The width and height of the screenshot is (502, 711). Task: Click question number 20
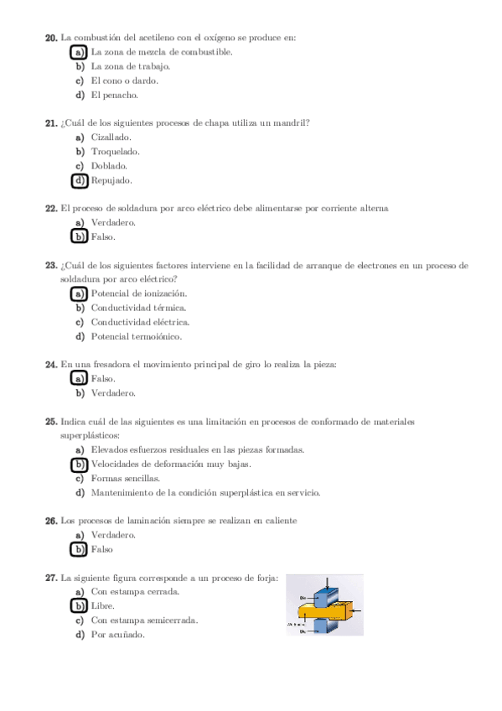(50, 38)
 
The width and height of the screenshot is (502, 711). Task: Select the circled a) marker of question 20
(80, 52)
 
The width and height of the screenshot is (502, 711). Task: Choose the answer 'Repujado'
(111, 180)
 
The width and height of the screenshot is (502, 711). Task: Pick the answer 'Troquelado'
(115, 152)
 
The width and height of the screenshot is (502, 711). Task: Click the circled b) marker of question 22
(80, 237)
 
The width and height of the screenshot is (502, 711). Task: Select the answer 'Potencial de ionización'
(138, 293)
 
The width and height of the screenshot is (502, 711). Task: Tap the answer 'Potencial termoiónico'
(136, 336)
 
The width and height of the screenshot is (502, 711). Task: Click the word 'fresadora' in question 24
(111, 365)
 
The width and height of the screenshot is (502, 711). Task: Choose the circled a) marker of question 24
(80, 379)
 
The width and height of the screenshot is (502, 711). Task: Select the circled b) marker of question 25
(80, 464)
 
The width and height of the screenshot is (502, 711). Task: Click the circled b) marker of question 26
(80, 550)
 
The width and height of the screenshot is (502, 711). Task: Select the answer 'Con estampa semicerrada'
(144, 620)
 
